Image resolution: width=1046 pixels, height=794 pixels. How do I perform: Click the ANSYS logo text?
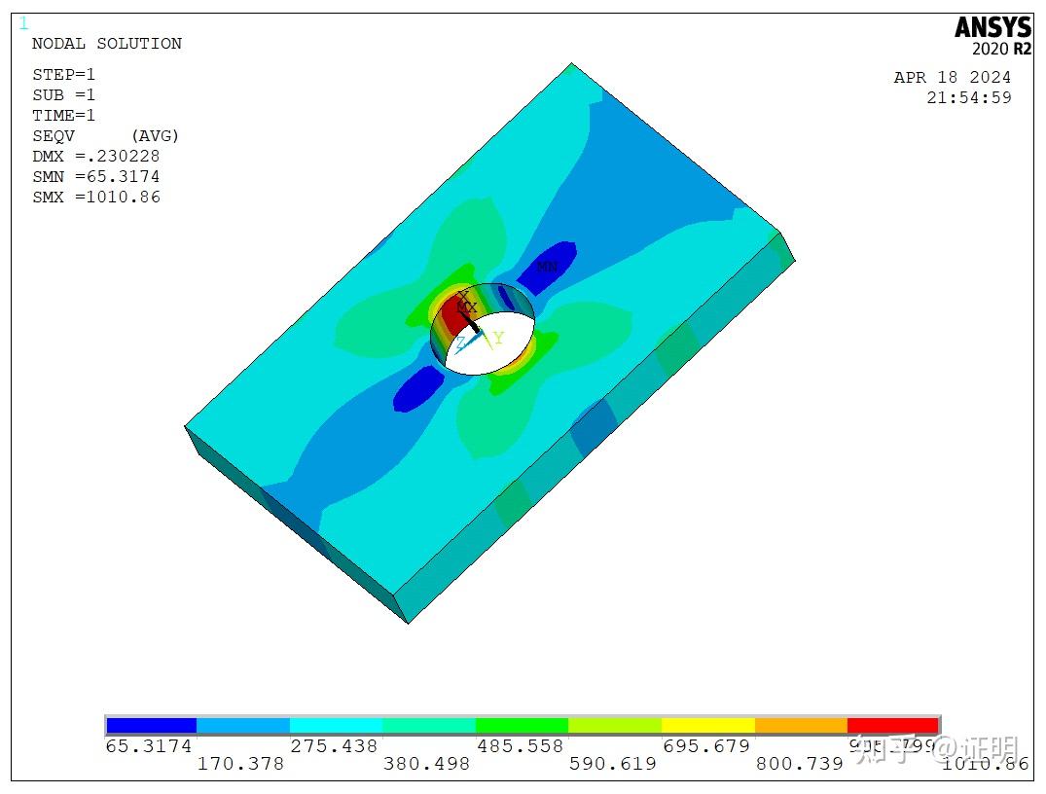pos(992,27)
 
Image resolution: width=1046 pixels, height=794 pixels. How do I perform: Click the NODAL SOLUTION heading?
pos(107,44)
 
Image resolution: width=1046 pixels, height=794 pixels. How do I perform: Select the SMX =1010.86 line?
pos(96,198)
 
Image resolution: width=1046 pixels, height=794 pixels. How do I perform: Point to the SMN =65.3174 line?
pos(96,177)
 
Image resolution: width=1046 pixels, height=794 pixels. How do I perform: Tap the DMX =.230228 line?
pos(96,157)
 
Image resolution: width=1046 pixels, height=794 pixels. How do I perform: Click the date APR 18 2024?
pos(953,78)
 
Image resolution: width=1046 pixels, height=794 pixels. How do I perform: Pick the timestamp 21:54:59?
pos(969,97)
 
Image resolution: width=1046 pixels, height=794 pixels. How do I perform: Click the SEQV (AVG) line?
pos(106,136)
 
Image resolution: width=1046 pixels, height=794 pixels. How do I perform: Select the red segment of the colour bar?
pos(892,726)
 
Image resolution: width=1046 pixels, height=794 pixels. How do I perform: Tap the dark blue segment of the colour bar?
pos(151,726)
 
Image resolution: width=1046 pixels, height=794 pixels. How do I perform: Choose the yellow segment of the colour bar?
pos(707,726)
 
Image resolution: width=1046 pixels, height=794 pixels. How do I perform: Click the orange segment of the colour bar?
pos(801,726)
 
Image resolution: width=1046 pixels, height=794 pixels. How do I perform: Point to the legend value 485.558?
pos(520,746)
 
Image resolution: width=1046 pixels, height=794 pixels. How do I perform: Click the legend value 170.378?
pos(240,764)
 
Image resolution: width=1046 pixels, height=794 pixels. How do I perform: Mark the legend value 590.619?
pos(613,764)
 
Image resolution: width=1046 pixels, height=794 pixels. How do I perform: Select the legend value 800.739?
pos(800,764)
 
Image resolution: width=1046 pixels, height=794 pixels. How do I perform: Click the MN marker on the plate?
pos(548,267)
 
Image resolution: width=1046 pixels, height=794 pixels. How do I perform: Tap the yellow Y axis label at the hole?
pos(498,339)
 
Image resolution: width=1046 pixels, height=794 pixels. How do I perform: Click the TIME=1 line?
pos(64,116)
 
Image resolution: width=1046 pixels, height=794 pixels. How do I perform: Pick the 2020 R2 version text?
pos(1001,50)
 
